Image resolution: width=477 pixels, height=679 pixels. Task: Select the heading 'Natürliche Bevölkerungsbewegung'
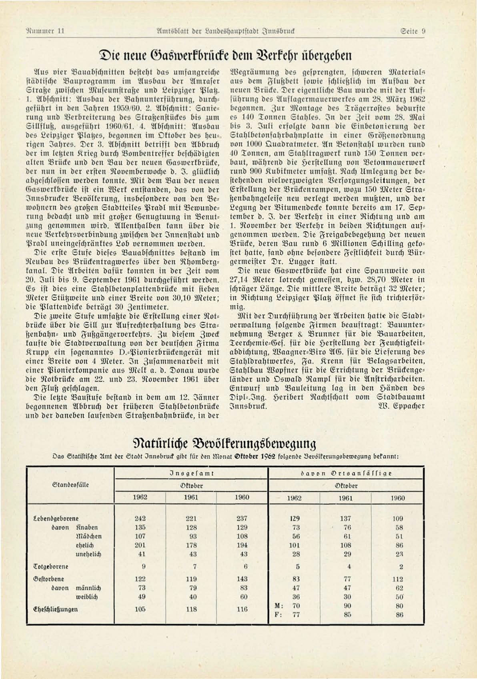224,443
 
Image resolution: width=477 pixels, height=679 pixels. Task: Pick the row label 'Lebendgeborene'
56,519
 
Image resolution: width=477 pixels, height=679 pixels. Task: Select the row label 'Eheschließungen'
55,609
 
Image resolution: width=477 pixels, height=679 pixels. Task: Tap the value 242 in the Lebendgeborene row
140,519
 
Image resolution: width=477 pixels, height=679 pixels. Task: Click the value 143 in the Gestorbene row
242,579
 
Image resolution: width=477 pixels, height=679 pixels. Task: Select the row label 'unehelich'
88,554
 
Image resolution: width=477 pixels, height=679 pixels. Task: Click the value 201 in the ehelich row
140,545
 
